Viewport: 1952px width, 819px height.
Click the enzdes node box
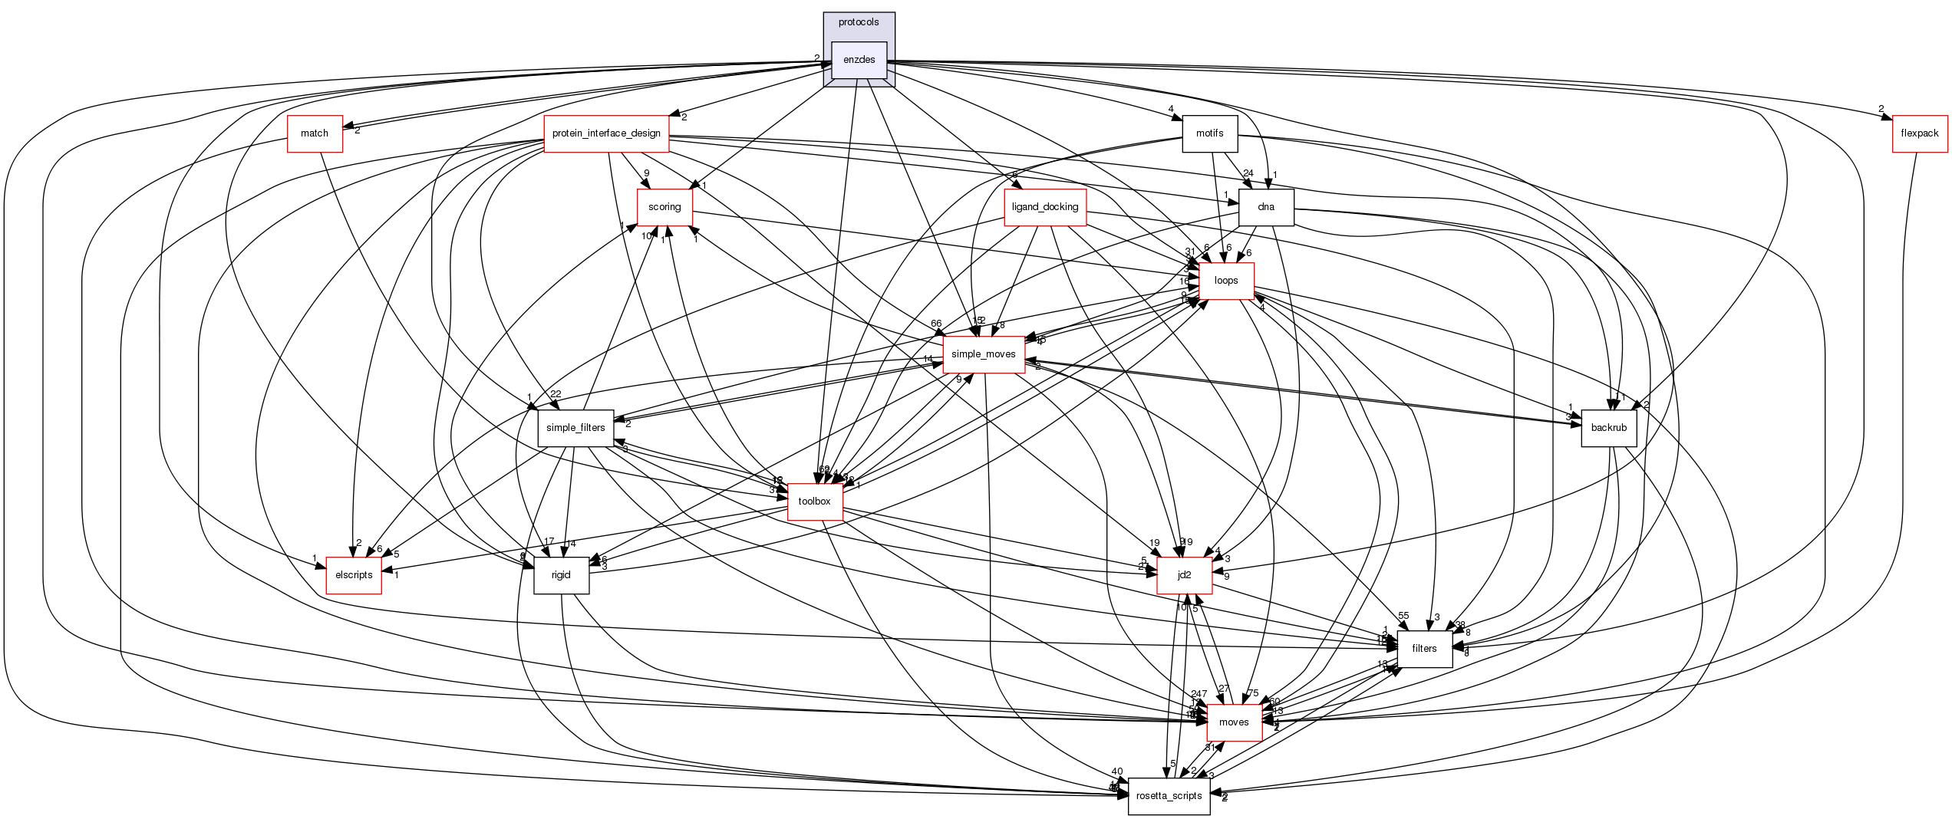[859, 60]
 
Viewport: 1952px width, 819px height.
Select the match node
[315, 133]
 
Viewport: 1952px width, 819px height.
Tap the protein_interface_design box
[606, 133]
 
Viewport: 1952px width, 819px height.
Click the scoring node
[664, 207]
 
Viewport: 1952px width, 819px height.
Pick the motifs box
[1209, 133]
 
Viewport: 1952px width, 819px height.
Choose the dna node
[1266, 207]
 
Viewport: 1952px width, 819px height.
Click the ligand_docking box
[1045, 207]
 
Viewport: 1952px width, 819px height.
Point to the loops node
[1226, 281]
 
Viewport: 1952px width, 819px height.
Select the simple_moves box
[984, 354]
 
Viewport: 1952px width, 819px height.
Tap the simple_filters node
[575, 428]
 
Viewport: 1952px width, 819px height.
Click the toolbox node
[815, 502]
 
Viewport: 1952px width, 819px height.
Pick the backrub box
[1609, 428]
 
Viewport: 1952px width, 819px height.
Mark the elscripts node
[354, 575]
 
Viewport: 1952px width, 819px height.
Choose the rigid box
[561, 575]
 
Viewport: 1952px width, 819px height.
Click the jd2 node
[1185, 575]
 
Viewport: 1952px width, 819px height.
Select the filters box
[1424, 649]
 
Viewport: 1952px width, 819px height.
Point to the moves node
[1234, 722]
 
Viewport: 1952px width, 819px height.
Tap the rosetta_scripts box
[1169, 796]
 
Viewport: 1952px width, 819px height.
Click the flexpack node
[1920, 133]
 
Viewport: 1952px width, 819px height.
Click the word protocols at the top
[859, 22]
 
